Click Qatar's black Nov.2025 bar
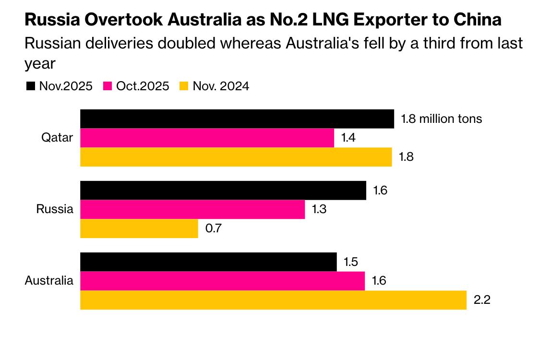pos(237,119)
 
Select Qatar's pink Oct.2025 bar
pos(207,138)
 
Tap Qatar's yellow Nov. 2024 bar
pos(236,157)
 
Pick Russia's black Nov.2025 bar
pos(223,190)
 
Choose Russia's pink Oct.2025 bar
pos(192,209)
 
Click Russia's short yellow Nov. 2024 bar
pos(139,228)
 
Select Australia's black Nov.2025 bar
pos(208,262)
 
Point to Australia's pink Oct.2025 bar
pos(222,281)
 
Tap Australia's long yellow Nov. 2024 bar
pos(273,300)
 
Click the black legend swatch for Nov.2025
pos(31,86)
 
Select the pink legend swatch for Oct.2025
pos(108,86)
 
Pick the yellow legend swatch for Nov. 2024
pos(184,86)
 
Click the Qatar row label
pos(57,138)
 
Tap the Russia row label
pos(55,209)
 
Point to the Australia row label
pos(49,281)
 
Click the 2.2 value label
pos(481,300)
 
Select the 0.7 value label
pos(213,228)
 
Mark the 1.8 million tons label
pos(442,119)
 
